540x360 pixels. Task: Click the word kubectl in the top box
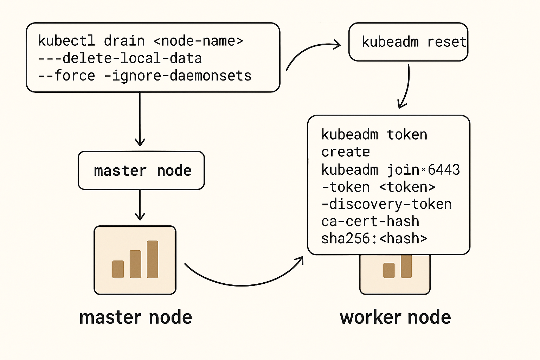pos(66,40)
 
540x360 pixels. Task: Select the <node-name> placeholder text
pos(198,41)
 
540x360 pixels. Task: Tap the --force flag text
pos(66,76)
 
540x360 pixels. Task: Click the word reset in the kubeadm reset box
pos(447,42)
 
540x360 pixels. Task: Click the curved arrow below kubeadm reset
pos(406,87)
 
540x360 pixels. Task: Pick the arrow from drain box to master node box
pos(140,118)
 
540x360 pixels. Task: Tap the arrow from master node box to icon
pos(140,205)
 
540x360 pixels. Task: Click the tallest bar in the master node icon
pos(152,259)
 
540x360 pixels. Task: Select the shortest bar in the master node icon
pos(118,269)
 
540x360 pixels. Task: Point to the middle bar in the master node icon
pos(135,264)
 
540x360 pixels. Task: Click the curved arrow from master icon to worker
pos(244,285)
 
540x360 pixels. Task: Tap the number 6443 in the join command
pos(444,169)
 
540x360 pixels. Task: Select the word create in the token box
pos(346,152)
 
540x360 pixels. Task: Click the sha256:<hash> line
pos(374,238)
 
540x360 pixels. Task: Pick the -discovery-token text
pos(387,204)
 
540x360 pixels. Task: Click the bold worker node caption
pos(396,317)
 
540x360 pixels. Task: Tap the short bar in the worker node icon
pos(389,270)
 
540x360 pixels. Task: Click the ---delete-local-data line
pos(120,58)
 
